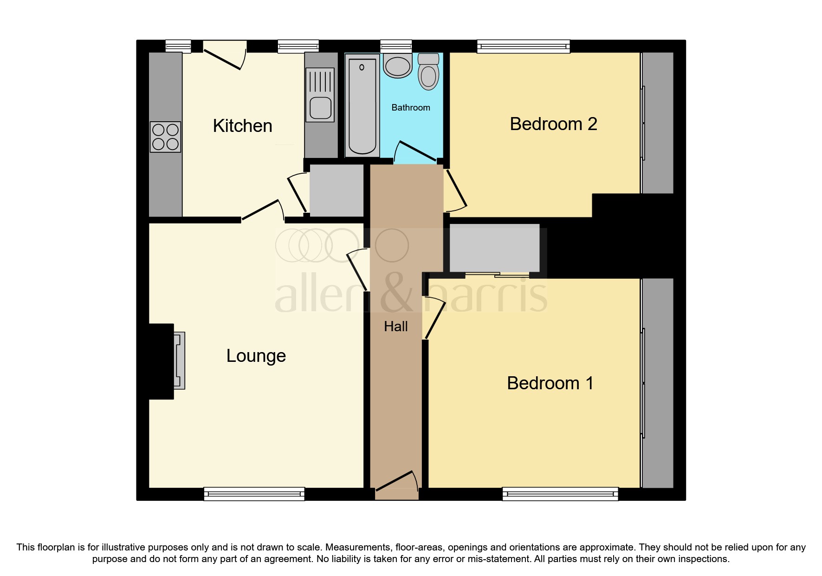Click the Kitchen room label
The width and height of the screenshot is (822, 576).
pyautogui.click(x=242, y=126)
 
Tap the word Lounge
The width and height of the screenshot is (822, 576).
pyautogui.click(x=256, y=356)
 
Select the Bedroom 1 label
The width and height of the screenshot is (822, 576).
pyautogui.click(x=550, y=383)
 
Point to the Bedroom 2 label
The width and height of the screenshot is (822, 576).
pyautogui.click(x=553, y=124)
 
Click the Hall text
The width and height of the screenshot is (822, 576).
pyautogui.click(x=395, y=327)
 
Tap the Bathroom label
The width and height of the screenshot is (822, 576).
pyautogui.click(x=410, y=108)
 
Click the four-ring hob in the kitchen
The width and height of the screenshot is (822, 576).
pyautogui.click(x=165, y=137)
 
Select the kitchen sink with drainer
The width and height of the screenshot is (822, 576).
pyautogui.click(x=320, y=95)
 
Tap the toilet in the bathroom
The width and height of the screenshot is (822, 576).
pyautogui.click(x=428, y=72)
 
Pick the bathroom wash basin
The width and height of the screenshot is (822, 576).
pyautogui.click(x=397, y=65)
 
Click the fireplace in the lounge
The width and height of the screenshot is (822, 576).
pyautogui.click(x=179, y=360)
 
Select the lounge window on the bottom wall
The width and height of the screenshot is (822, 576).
pyautogui.click(x=254, y=494)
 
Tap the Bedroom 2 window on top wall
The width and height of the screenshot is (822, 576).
pyautogui.click(x=523, y=46)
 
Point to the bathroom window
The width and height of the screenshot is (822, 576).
pyautogui.click(x=395, y=46)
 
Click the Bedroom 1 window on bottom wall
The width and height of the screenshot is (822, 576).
pyautogui.click(x=560, y=494)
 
